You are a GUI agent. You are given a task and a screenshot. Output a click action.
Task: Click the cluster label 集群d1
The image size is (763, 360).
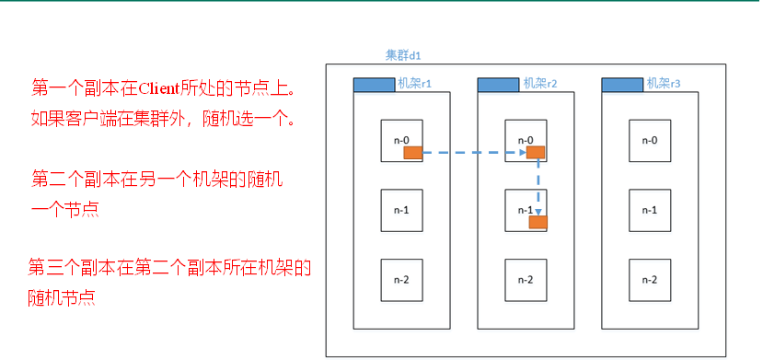point(403,55)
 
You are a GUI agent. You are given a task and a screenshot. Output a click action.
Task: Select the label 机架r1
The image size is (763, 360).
point(413,84)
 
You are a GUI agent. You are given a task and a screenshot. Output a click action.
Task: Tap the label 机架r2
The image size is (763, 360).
point(538,84)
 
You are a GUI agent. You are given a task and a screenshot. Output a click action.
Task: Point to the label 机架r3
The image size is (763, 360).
point(663,84)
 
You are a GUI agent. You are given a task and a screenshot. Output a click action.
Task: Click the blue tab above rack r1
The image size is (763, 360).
point(374,85)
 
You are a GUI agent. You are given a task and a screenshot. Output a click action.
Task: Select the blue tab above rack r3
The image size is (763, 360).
point(622,85)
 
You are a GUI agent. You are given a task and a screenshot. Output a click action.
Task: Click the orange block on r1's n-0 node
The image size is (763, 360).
point(412,153)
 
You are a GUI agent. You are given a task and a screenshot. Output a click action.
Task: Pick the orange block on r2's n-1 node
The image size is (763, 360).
point(538,222)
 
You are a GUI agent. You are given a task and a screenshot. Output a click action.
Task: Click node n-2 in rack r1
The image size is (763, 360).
point(401,280)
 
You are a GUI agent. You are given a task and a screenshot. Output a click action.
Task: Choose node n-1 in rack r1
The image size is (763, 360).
point(401,210)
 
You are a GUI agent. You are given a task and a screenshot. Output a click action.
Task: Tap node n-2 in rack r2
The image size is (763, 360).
point(526,280)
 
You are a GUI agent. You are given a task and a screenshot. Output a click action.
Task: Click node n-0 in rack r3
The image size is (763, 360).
point(650,141)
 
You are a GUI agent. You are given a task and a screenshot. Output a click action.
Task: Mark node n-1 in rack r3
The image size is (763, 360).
point(650,210)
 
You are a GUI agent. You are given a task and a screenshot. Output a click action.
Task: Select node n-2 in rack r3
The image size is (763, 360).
point(650,280)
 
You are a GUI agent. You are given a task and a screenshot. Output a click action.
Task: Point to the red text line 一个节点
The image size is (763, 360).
point(65,210)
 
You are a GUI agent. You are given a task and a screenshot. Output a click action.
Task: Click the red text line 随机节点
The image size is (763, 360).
point(62,298)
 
